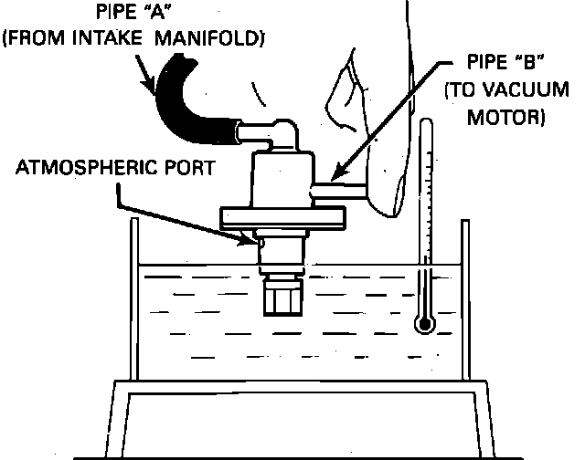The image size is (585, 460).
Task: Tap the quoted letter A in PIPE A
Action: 144,15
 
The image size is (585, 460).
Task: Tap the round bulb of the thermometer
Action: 421,322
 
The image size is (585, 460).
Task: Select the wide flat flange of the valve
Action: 284,218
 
